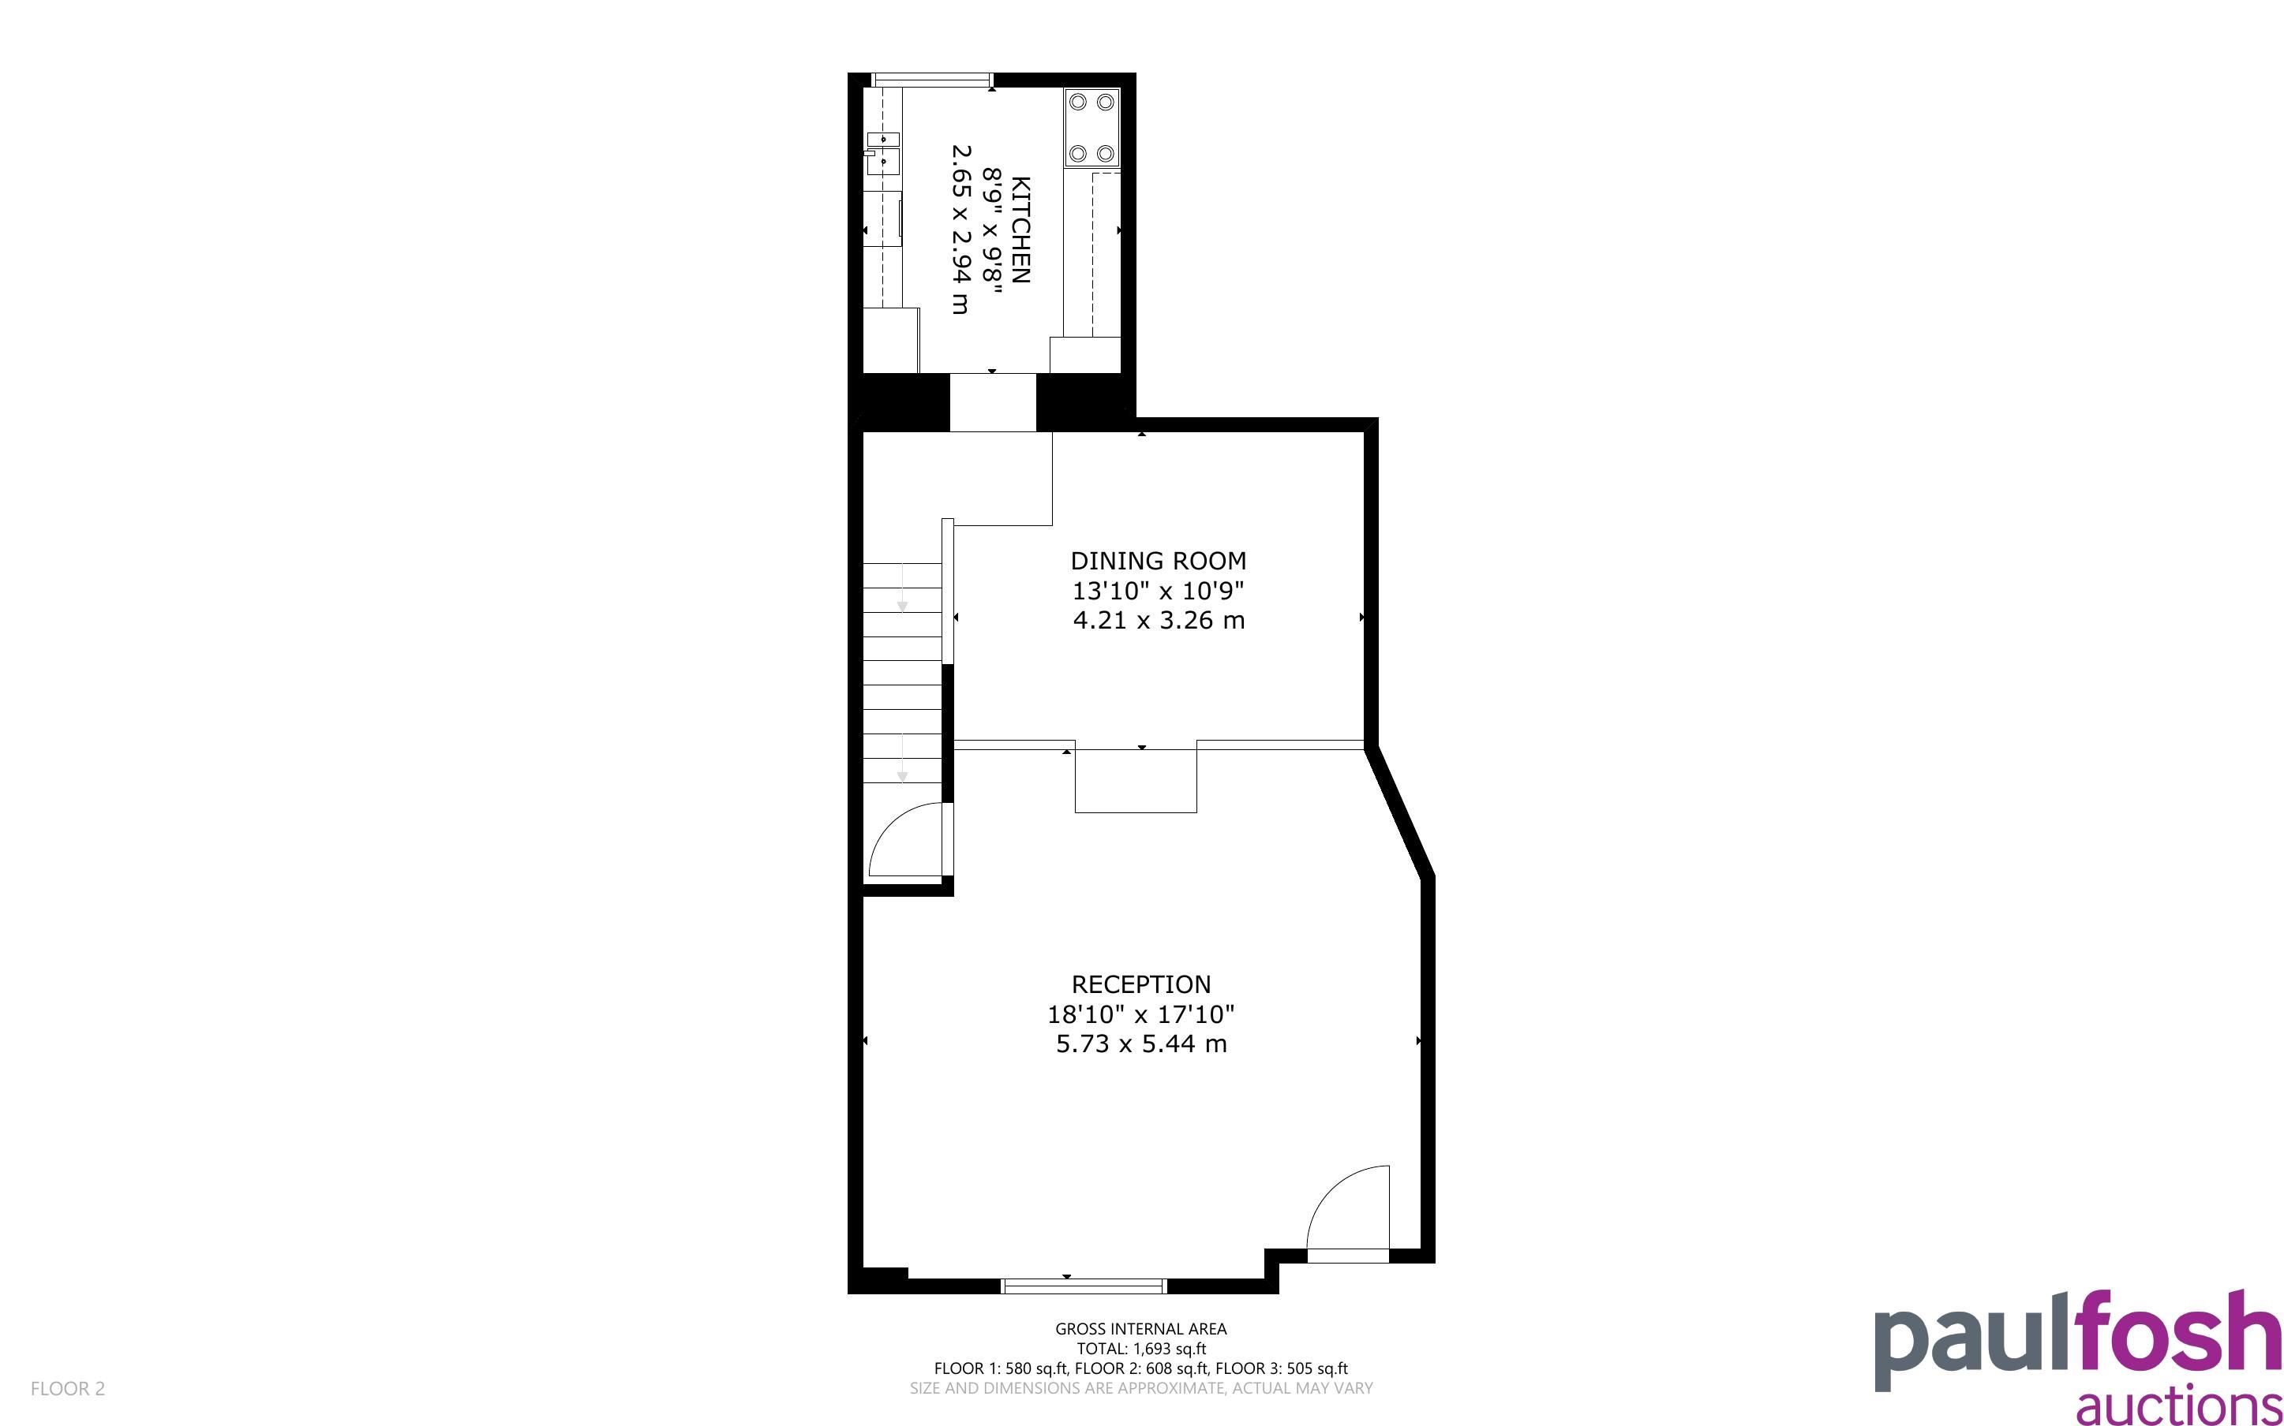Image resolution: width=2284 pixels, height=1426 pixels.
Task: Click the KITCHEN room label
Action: [1020, 230]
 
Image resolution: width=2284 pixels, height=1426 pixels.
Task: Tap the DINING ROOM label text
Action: [1159, 561]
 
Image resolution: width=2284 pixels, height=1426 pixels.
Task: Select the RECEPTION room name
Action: [1141, 984]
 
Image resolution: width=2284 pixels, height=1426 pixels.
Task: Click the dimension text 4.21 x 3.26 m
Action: [1159, 621]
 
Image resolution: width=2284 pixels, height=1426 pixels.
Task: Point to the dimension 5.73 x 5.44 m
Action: [1141, 1044]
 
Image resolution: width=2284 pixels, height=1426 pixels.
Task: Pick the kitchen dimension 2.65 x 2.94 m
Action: [960, 230]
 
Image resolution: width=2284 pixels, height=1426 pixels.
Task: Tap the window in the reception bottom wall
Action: [1084, 1286]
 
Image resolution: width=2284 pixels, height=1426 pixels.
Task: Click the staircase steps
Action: [903, 674]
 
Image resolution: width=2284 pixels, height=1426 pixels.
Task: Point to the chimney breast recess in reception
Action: [1136, 781]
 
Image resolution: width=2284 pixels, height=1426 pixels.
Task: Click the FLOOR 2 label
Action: [68, 1388]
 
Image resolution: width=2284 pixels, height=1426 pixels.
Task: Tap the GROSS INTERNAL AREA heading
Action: [1140, 1329]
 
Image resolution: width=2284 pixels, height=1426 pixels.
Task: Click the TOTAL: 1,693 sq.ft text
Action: [1141, 1349]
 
